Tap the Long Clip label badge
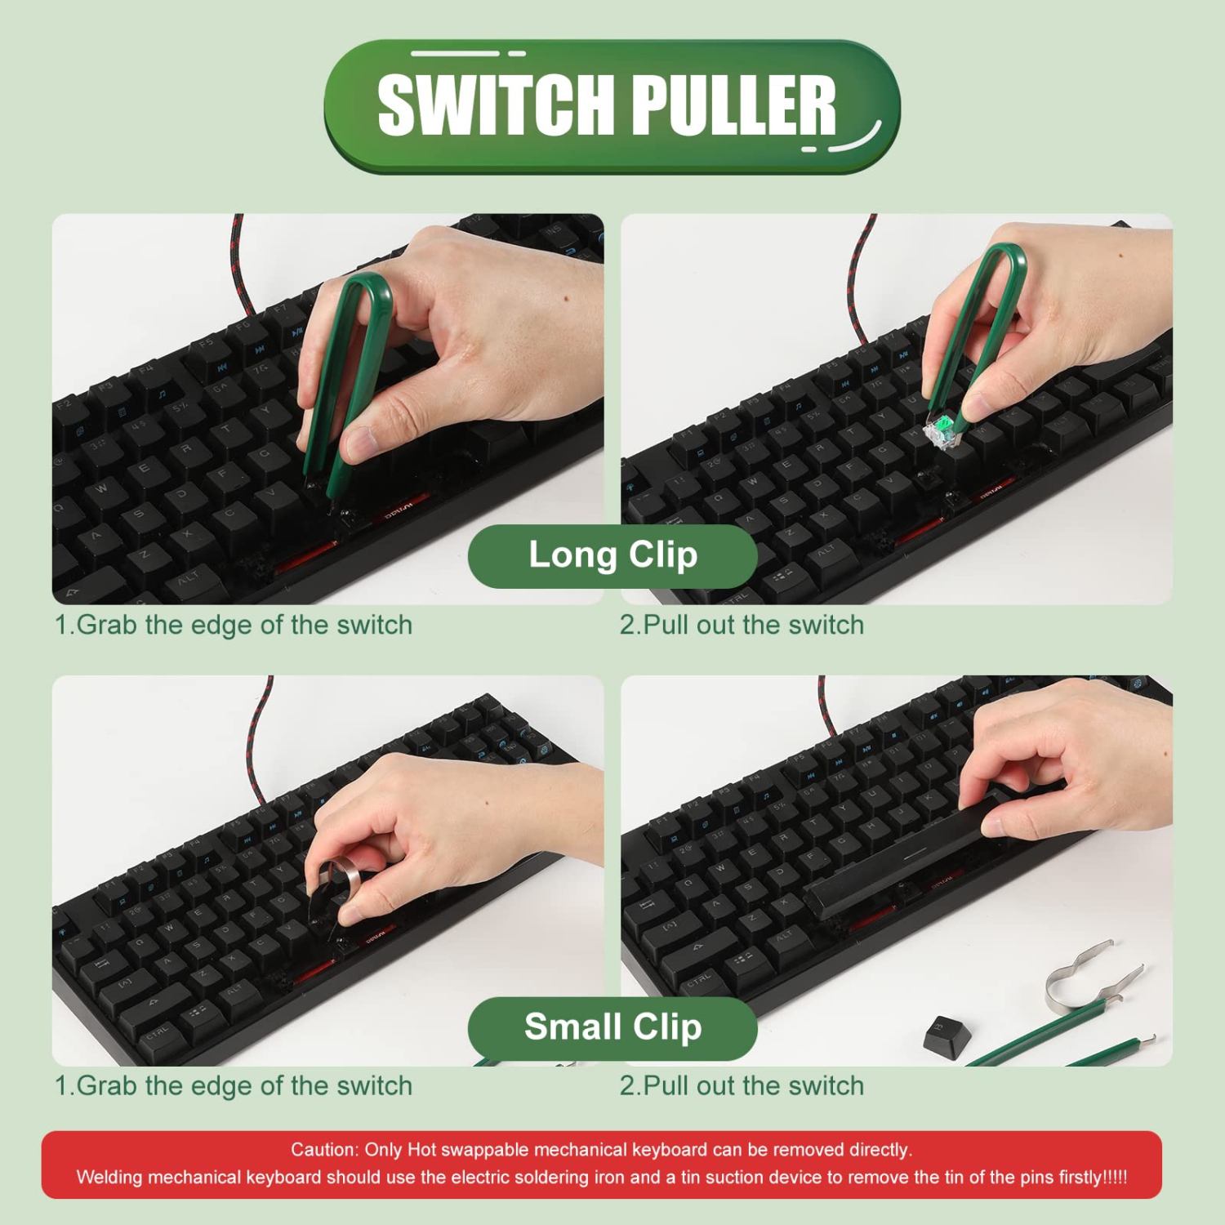(x=612, y=555)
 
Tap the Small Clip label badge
(x=612, y=1027)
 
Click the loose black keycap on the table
(x=947, y=1033)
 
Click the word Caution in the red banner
(x=323, y=1150)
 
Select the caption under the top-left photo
(x=234, y=626)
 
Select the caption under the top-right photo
(x=742, y=626)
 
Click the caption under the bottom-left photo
(x=234, y=1086)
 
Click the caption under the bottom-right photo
(x=742, y=1086)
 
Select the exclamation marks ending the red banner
(x=1116, y=1178)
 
